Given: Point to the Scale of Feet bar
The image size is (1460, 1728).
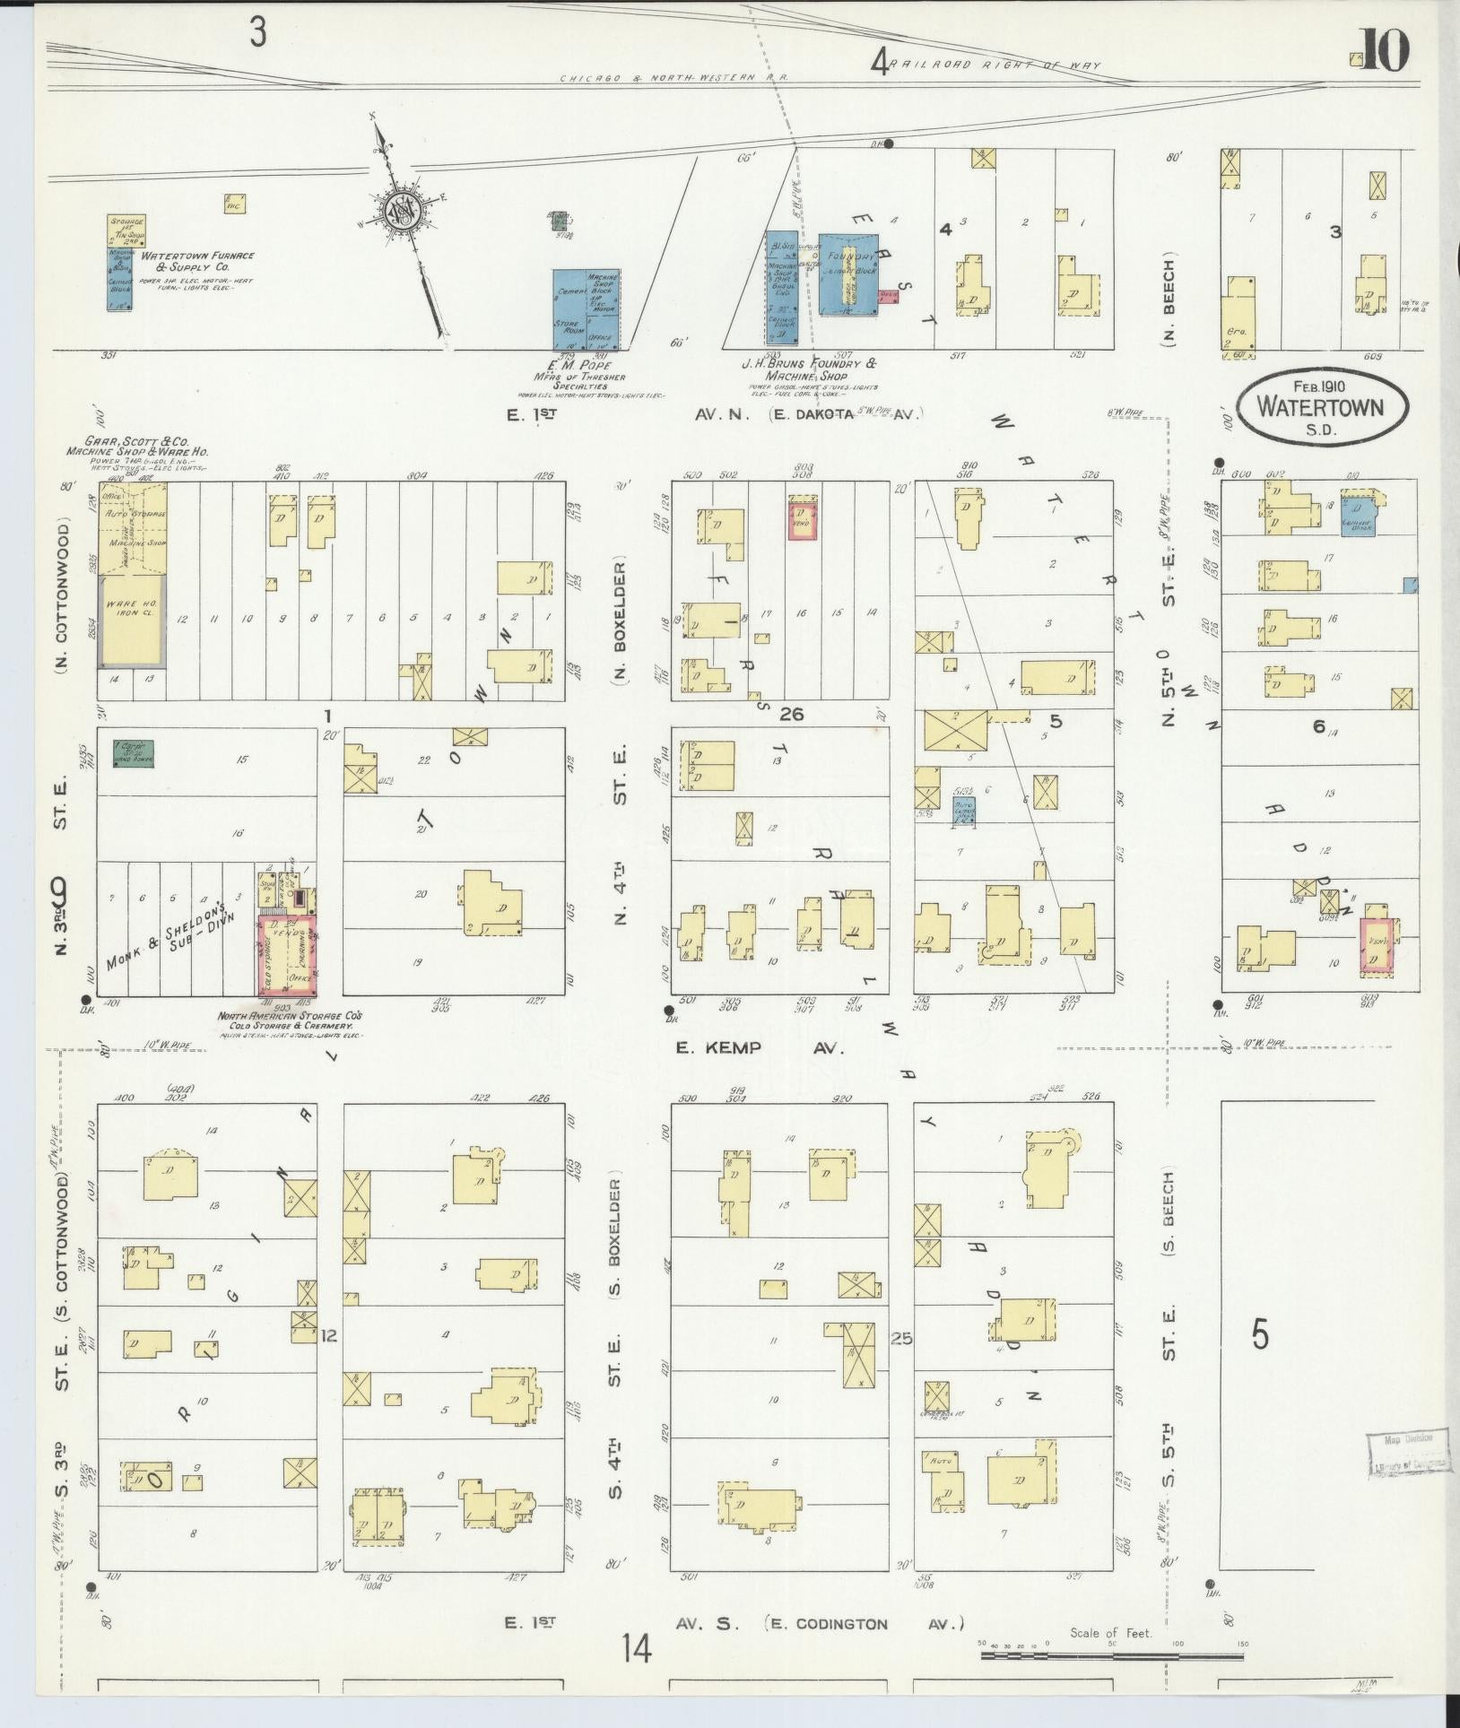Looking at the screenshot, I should (x=1111, y=1654).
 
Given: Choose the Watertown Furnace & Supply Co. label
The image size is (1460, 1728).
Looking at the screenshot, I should (x=196, y=261).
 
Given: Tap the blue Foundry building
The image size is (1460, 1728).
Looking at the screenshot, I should (x=847, y=274).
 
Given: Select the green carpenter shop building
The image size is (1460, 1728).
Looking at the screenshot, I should (x=133, y=753).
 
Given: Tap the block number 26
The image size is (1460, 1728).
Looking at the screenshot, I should (x=791, y=715).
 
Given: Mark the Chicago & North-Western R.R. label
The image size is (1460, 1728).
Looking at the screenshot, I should (x=674, y=79).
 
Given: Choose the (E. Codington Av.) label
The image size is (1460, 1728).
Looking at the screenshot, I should (x=865, y=1624).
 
